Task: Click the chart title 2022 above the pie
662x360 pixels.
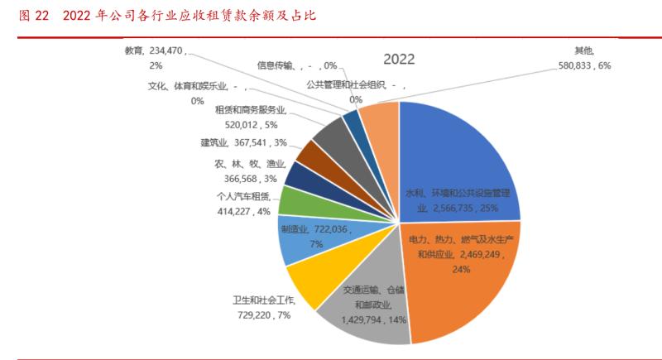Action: (398, 60)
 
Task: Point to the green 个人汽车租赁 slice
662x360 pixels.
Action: (296, 200)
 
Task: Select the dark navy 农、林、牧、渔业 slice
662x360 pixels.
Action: (300, 175)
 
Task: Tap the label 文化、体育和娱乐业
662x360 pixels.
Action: (187, 84)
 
